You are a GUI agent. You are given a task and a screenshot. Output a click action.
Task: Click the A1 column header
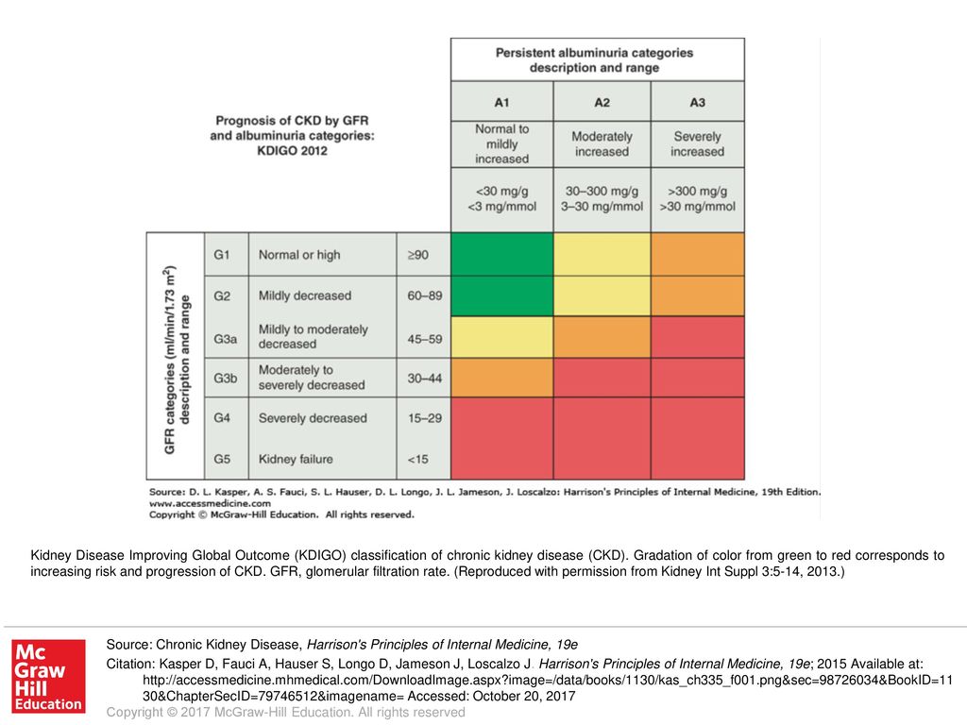point(502,102)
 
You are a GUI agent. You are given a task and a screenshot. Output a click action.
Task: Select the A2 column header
point(602,102)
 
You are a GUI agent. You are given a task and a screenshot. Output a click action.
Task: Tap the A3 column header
point(698,102)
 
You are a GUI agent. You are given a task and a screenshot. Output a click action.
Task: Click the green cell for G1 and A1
point(502,254)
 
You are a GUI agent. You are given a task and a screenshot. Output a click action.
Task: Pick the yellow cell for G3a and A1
point(502,337)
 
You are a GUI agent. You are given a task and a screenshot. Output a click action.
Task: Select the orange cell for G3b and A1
point(502,378)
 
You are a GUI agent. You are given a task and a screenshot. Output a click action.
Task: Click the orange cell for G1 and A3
point(698,254)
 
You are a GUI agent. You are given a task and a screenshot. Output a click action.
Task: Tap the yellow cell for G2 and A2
point(602,295)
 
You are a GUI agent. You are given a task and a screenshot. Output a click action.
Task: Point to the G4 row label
point(222,418)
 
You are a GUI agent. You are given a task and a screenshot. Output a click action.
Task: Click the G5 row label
point(222,460)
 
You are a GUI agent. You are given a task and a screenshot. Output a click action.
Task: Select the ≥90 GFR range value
point(417,255)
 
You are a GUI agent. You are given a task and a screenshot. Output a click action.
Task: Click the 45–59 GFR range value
point(424,339)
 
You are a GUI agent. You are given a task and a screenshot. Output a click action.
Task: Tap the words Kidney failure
point(296,460)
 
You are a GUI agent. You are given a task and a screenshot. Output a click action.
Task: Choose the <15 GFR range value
point(417,460)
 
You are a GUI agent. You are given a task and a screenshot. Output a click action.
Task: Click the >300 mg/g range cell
point(698,199)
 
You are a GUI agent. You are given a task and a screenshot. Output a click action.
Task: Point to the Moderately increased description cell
point(602,144)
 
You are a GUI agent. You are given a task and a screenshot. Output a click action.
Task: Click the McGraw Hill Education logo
point(49,676)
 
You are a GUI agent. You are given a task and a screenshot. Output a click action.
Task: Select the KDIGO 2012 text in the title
point(293,151)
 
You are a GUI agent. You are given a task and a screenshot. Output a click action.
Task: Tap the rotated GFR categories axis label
point(177,360)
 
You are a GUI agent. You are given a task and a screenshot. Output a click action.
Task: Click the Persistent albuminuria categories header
point(595,60)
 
